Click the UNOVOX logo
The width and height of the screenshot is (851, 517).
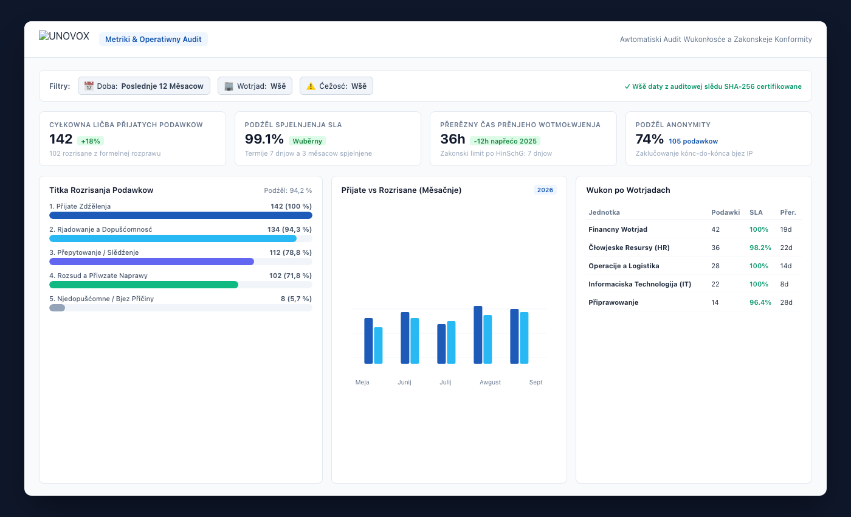click(64, 36)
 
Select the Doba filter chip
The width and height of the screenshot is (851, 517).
click(144, 86)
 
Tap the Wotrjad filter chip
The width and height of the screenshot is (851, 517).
click(255, 86)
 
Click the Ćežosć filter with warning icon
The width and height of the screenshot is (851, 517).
click(336, 86)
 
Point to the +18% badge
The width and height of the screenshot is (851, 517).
click(91, 141)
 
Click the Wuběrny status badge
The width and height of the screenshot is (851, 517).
click(307, 141)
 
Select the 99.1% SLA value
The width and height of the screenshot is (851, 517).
click(264, 139)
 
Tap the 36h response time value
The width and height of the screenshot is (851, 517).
click(452, 139)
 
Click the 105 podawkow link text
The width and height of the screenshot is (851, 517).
click(694, 141)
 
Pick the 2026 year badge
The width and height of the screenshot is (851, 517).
click(545, 190)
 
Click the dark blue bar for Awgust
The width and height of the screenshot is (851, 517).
click(478, 335)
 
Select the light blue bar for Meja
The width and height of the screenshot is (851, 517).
click(378, 345)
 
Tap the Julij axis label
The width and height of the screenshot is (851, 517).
click(446, 382)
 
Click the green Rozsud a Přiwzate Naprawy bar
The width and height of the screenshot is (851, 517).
click(143, 285)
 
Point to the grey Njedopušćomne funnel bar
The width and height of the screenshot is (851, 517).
click(57, 308)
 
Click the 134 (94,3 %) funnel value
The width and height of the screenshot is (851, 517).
click(289, 229)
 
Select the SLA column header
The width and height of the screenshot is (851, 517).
click(756, 212)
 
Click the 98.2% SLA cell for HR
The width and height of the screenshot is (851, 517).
click(760, 248)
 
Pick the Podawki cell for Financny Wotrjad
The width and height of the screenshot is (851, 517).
click(715, 229)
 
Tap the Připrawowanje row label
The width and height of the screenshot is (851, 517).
click(613, 302)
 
